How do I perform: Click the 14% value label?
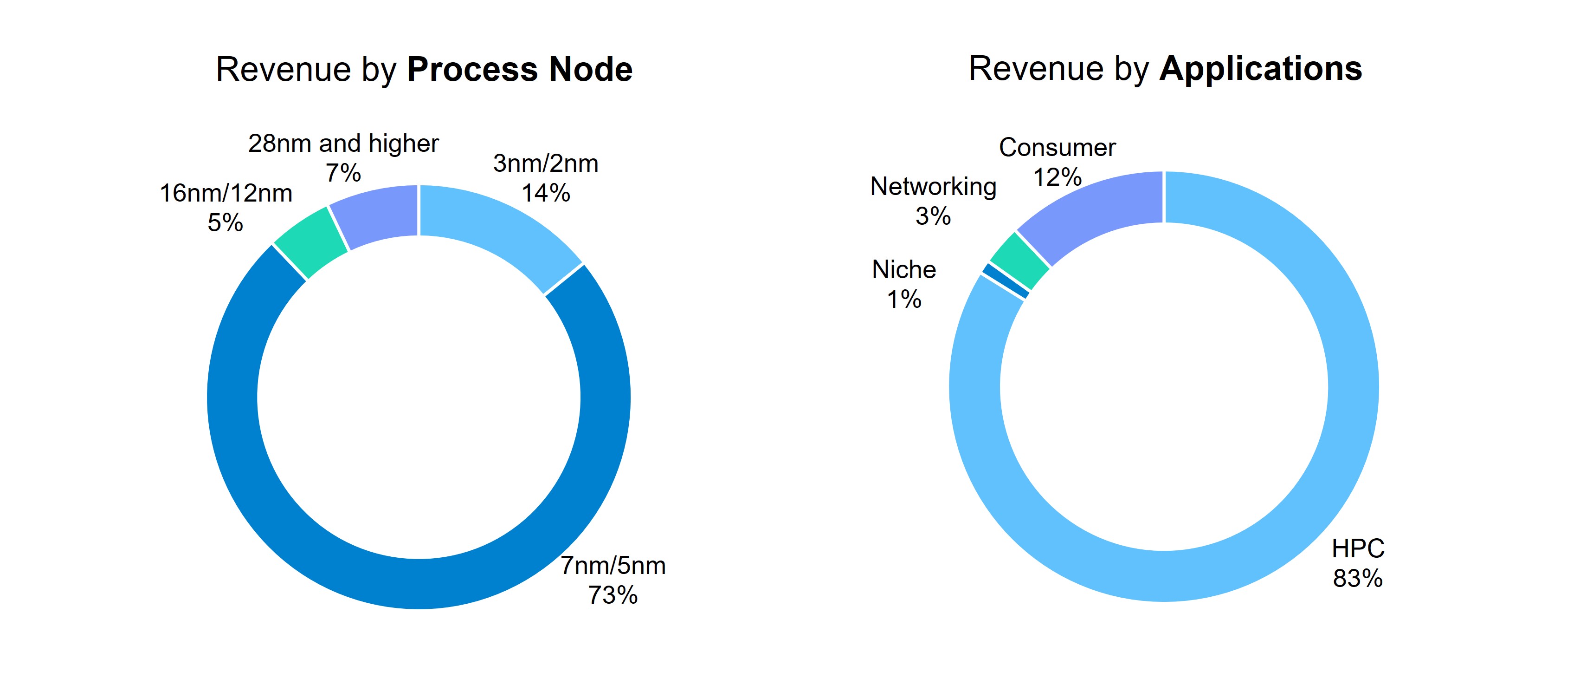click(545, 193)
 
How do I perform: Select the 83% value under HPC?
click(1357, 578)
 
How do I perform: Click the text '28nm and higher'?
click(343, 144)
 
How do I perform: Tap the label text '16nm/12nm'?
click(226, 193)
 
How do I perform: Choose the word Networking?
click(933, 187)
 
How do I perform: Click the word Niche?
click(903, 270)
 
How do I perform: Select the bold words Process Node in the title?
click(520, 69)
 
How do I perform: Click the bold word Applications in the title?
click(1260, 68)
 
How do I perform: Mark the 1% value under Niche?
click(903, 300)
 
